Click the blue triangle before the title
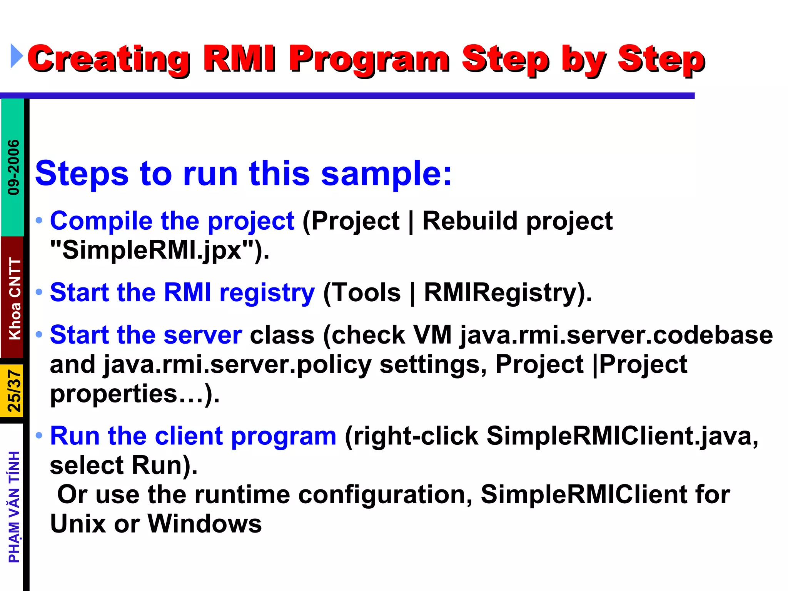(17, 56)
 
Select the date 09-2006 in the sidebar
(13, 167)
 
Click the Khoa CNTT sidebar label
(15, 299)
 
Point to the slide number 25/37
(14, 391)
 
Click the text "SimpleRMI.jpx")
(160, 250)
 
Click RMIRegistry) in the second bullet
(508, 293)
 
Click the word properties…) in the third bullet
(135, 394)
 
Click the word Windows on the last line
(205, 524)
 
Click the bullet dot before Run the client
(39, 436)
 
